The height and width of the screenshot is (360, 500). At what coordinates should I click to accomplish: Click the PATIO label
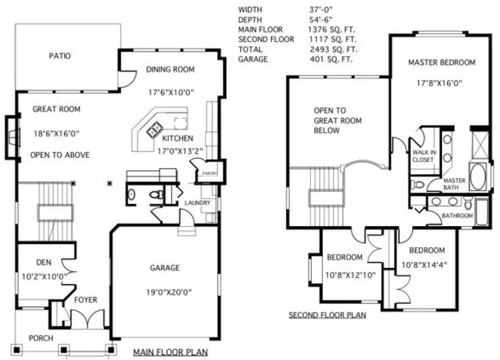point(60,56)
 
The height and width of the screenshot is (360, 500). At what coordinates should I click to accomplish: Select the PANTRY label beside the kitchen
point(210,173)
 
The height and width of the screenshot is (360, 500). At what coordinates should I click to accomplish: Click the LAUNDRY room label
point(197,203)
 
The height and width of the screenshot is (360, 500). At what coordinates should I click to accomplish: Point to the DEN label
point(43,262)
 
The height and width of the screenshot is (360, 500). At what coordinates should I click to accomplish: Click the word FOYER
point(86,299)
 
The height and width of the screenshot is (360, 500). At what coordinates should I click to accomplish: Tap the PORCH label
point(41,338)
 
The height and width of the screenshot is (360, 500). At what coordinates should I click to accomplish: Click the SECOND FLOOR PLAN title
point(327,315)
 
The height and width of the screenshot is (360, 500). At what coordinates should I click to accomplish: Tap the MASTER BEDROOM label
point(441,62)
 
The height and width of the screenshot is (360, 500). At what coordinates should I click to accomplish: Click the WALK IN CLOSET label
point(423,156)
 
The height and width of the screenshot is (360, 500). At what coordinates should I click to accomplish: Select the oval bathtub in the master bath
point(477,178)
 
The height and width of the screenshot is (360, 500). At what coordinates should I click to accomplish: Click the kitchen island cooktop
point(155,129)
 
